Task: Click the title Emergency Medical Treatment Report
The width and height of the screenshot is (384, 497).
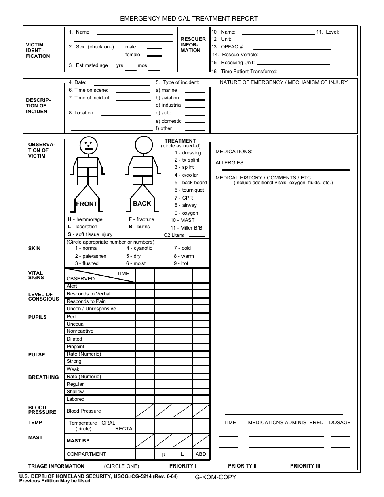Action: pos(189,19)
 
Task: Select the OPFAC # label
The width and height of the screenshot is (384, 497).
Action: pos(232,47)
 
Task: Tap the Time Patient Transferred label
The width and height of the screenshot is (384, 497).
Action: pos(249,72)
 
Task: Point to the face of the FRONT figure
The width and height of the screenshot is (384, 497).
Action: pos(89,144)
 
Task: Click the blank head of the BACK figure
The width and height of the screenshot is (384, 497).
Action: pos(143,144)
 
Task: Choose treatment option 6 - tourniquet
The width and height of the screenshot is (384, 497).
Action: pos(189,190)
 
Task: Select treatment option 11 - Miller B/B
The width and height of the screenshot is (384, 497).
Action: pos(186,228)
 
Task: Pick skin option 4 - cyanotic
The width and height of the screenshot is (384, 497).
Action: pos(139,248)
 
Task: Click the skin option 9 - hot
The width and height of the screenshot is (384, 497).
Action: pos(181,263)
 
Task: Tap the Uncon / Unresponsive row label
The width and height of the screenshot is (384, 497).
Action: pos(91,309)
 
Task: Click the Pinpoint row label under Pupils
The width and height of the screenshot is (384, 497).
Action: pos(76,347)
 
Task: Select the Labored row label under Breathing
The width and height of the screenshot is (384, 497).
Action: pos(76,399)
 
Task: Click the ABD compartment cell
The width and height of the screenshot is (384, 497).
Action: pos(201,454)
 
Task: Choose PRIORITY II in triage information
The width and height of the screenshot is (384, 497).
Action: pos(242,466)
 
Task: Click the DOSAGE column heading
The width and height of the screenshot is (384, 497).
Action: pos(340,423)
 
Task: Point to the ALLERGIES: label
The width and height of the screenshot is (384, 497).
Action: pos(230,163)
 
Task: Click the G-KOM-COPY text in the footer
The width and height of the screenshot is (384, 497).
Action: pos(215,477)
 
